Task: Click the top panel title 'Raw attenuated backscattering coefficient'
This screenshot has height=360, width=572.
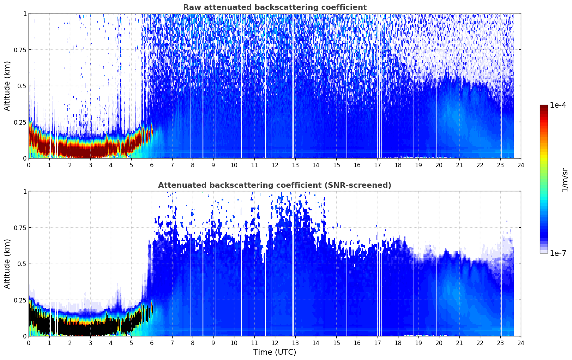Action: [x=275, y=7]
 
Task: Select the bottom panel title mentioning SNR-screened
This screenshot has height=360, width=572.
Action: [x=275, y=185]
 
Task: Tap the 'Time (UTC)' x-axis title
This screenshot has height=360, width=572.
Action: [x=275, y=352]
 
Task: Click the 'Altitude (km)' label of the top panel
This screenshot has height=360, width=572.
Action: [x=7, y=86]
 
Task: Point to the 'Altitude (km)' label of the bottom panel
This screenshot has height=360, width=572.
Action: [x=7, y=264]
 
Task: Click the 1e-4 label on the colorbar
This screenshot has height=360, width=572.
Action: [x=558, y=105]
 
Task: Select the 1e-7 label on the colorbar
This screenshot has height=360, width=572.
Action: [x=558, y=253]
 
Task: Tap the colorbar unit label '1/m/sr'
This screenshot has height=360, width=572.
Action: [x=565, y=180]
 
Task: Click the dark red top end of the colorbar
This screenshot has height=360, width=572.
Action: [x=544, y=107]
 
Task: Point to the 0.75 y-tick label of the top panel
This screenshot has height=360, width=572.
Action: [x=20, y=50]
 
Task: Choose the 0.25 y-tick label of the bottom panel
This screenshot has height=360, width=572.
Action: [x=20, y=300]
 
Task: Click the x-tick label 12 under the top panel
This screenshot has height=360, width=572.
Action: [x=275, y=165]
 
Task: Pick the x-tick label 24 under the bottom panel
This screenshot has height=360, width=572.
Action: [x=521, y=343]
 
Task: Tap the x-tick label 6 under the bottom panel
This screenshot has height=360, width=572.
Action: [x=152, y=343]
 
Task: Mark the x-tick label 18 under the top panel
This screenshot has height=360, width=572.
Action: [x=398, y=165]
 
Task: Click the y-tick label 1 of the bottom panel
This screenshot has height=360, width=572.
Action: [x=25, y=192]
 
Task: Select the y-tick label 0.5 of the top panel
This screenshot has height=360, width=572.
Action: [x=22, y=86]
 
